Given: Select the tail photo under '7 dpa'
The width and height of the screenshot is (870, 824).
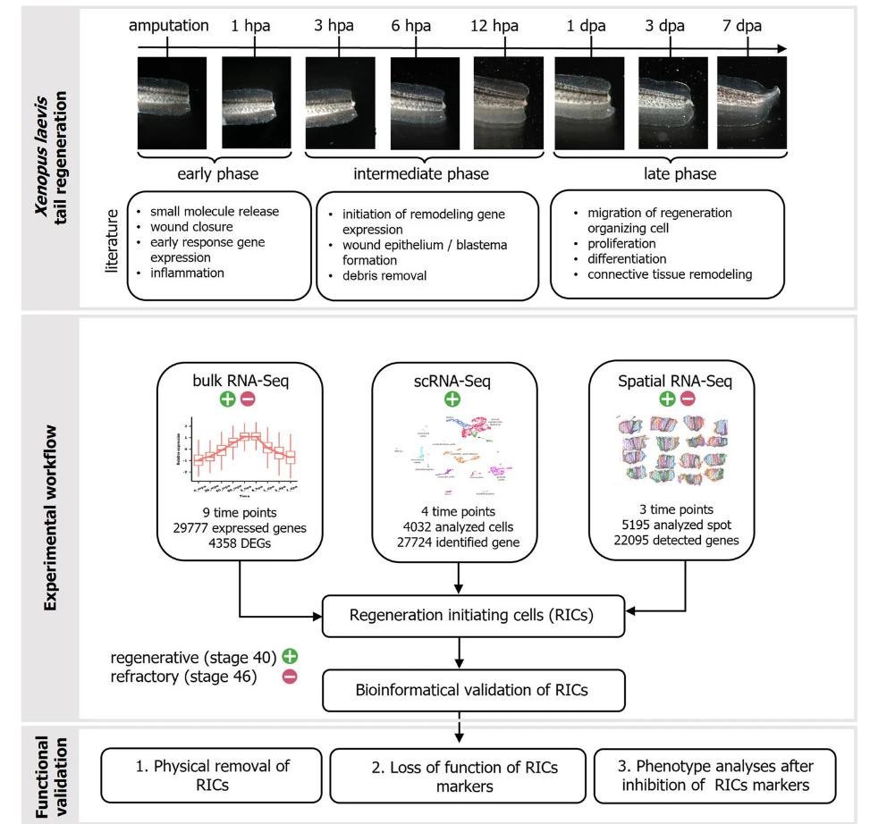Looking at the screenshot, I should pos(752,102).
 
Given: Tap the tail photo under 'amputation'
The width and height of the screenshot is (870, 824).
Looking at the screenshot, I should pos(172,102).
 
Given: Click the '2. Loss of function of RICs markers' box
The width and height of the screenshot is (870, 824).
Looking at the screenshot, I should pos(457,774).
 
